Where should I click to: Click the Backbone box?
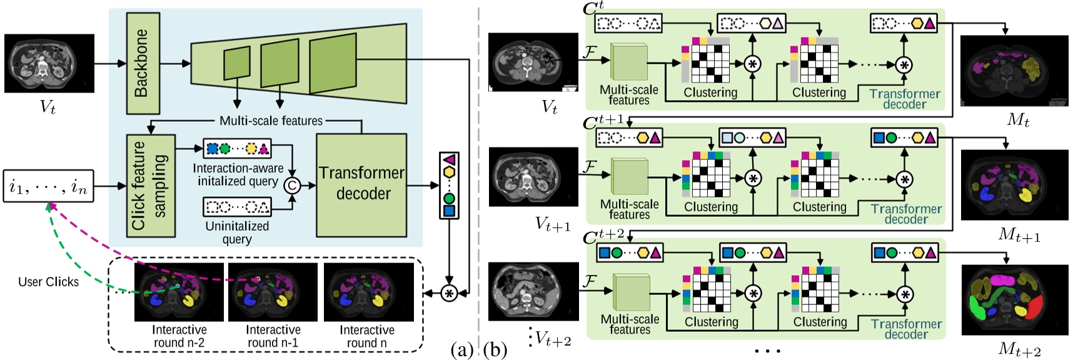pos(143,62)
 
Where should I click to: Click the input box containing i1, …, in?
pos(48,186)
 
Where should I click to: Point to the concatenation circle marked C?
pos(291,185)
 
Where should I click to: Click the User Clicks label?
pos(48,282)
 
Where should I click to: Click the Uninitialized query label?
pos(237,232)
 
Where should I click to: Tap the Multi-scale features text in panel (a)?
pos(271,121)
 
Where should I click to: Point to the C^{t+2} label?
pos(603,236)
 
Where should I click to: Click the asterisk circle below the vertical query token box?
pos(448,292)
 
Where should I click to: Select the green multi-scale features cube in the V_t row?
pos(629,63)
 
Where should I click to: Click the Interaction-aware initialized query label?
pos(238,175)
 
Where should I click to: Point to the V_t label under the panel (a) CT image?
pos(48,106)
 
